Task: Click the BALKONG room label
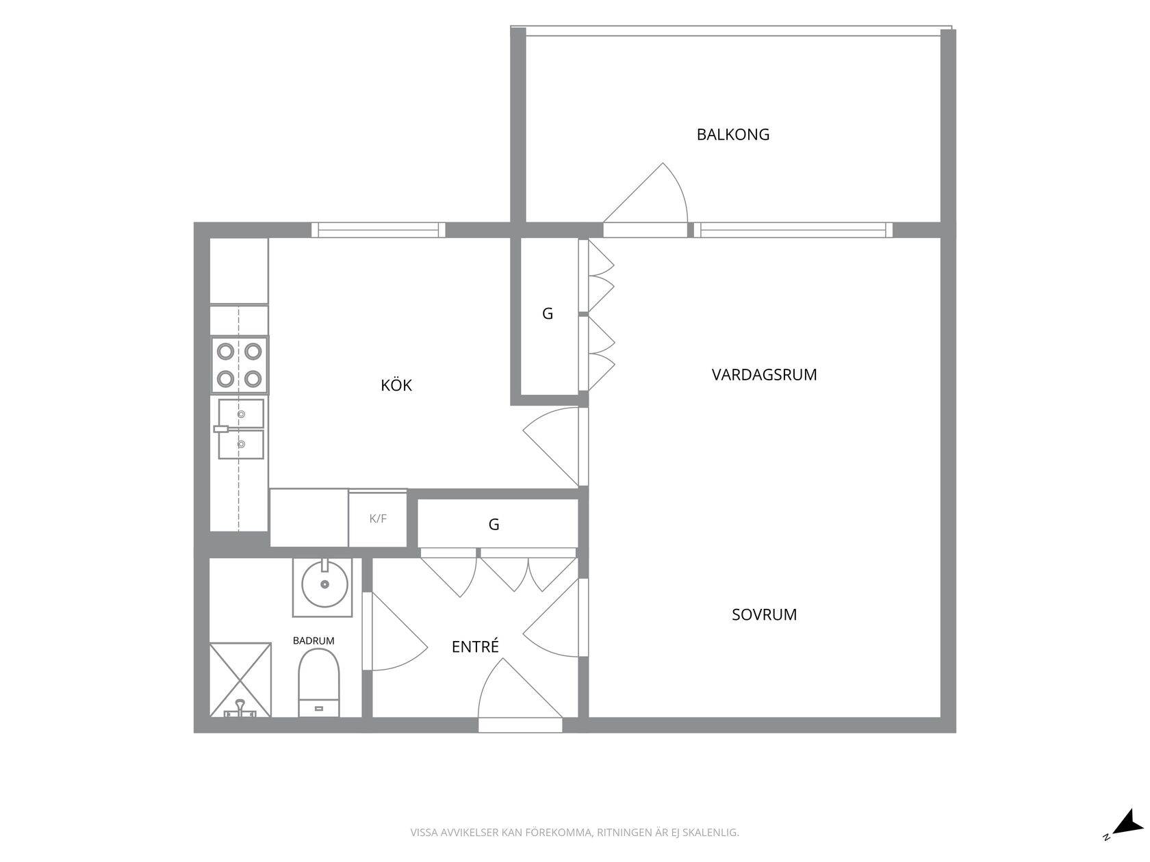733,135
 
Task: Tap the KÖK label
396,385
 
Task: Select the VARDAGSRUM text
764,375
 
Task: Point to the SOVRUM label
764,614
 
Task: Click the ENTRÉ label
475,646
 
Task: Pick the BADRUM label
314,640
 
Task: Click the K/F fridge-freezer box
378,519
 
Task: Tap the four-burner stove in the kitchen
240,365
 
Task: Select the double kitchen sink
240,429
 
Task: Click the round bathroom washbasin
325,584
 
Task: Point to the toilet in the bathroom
318,683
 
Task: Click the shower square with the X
240,679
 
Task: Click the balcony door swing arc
680,188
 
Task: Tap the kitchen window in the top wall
379,230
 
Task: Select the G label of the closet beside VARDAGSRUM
548,313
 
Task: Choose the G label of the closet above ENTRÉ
494,525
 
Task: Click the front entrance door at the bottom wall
520,695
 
